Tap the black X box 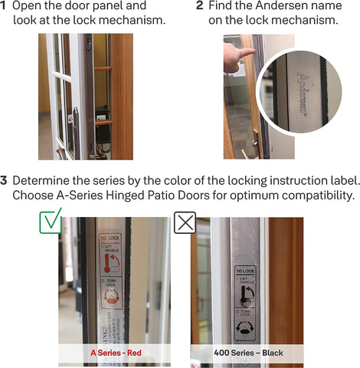pyautogui.click(x=185, y=223)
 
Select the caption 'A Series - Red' pyautogui.click(x=114, y=353)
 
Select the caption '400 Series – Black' pyautogui.click(x=247, y=353)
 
